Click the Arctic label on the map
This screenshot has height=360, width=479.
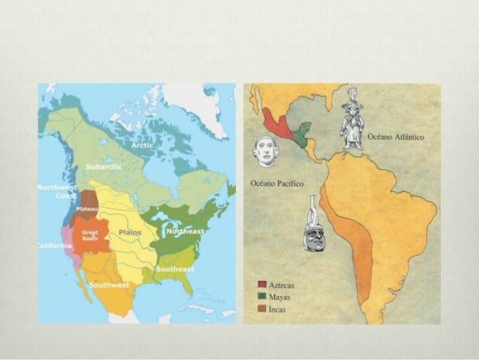(141, 144)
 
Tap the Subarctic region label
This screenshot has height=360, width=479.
(101, 165)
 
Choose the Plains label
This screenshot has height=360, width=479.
(130, 232)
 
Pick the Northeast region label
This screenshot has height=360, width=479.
(185, 231)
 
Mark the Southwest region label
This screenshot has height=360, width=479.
(109, 285)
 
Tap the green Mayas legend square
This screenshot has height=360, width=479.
(261, 298)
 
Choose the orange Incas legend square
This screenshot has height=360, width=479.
(261, 308)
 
